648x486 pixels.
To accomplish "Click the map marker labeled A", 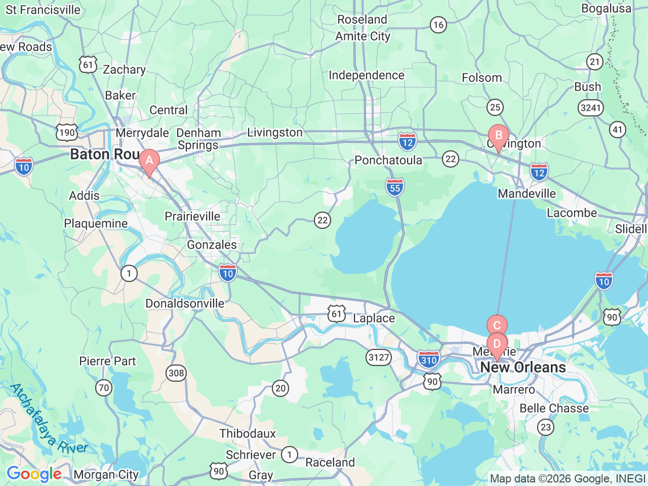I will tap(149, 161).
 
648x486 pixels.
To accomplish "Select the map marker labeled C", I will tap(497, 326).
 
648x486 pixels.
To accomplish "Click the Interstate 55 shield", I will tap(395, 187).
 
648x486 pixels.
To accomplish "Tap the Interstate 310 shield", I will tap(428, 360).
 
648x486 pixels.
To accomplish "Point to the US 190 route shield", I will tap(67, 133).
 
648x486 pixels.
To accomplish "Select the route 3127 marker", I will tap(379, 357).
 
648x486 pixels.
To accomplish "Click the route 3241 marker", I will tap(590, 107).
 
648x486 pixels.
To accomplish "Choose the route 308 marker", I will tap(176, 374).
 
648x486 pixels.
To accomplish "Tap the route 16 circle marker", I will tap(438, 24).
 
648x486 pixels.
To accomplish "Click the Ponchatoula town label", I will tap(388, 160).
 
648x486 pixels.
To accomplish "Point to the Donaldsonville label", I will tap(185, 304).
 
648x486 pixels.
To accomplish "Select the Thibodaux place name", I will tap(248, 434).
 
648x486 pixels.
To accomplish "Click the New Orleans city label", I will tap(523, 368).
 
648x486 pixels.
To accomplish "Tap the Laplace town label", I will tap(374, 318).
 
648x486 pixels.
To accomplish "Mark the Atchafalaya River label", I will tap(48, 419).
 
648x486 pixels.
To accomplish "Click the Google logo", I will tap(34, 474).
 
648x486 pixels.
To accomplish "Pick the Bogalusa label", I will tap(606, 9).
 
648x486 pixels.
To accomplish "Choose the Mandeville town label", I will tap(526, 194).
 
